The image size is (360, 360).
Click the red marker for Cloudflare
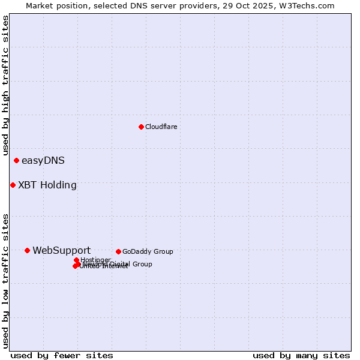[141, 127]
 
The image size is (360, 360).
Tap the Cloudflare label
[161, 127]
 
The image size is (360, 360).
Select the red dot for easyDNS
[16, 160]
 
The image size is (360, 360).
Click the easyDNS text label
[43, 160]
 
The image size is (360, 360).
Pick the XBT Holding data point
[13, 185]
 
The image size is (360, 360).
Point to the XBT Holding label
[47, 185]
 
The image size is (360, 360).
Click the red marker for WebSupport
[27, 250]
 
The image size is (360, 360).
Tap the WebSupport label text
[62, 250]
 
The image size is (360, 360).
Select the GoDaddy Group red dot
[118, 251]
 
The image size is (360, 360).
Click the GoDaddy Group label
[148, 251]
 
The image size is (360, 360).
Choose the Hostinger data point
[76, 260]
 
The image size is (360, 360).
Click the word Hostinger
[96, 260]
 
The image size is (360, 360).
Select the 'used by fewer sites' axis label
[62, 355]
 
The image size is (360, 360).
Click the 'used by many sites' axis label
[301, 355]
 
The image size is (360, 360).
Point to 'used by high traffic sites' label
[5, 86]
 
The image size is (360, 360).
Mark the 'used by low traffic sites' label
[5, 280]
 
